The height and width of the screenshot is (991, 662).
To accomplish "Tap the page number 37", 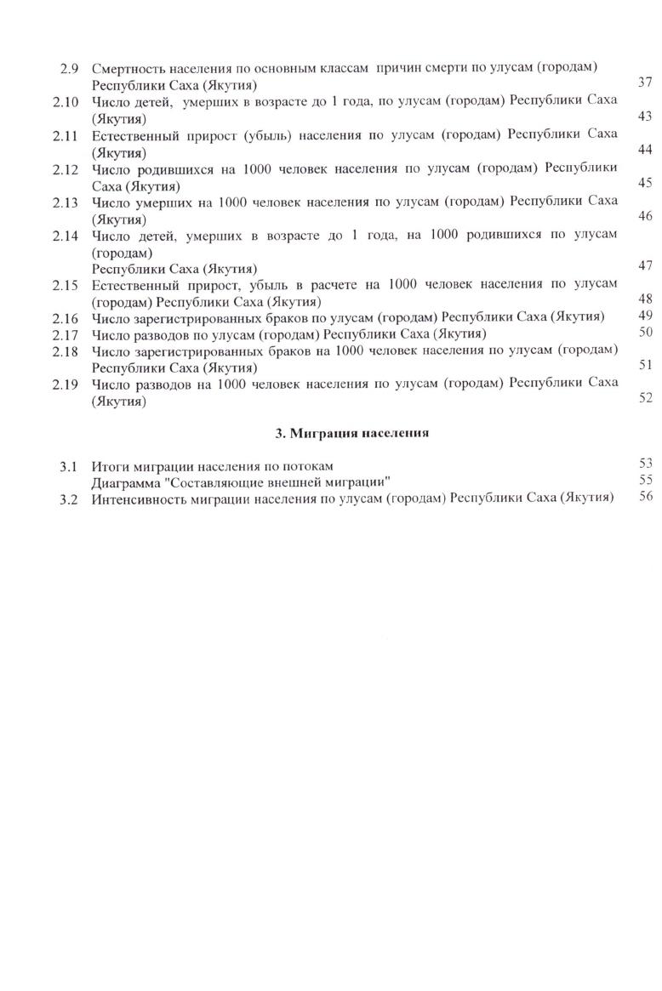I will point(644,83).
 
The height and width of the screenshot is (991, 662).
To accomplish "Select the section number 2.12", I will point(66,168).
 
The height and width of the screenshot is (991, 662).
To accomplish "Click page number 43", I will point(644,117).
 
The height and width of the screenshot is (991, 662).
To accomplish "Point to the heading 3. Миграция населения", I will point(351,433).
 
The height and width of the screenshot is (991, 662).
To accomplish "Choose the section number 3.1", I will point(69,465).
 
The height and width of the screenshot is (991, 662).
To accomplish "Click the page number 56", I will point(644,497).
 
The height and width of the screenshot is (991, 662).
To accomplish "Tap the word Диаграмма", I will point(127,481).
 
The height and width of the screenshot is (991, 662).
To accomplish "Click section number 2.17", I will point(66,333).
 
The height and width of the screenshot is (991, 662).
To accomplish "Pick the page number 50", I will point(644,332).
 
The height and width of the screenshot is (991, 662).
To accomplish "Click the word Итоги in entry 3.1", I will point(109,465).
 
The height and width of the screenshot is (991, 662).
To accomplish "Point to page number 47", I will point(644,266).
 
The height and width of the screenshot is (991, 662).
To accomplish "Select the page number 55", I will point(644,480).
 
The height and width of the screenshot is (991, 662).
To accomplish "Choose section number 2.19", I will point(66,384).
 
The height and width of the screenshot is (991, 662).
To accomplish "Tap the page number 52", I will point(644,397).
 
